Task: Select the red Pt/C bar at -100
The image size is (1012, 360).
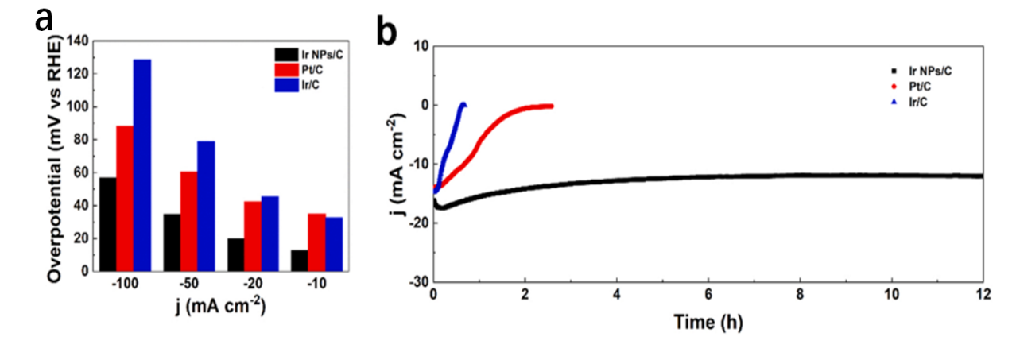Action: point(125,198)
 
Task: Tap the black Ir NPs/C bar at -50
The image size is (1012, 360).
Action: point(172,242)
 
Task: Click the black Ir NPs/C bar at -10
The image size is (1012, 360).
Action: point(300,260)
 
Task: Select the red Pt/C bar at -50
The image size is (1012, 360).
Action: point(189,221)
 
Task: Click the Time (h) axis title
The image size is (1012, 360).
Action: point(708,323)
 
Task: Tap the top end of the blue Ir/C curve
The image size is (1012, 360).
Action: point(463,104)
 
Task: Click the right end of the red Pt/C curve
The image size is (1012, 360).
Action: point(551,106)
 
